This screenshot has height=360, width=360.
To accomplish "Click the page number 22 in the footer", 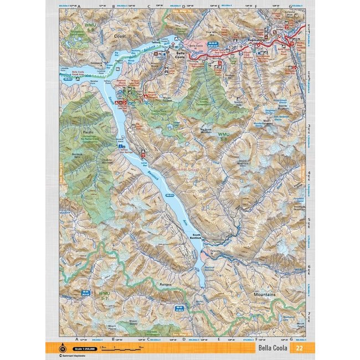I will tap(299, 348).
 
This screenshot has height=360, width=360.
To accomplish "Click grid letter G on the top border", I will tap(291, 7).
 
